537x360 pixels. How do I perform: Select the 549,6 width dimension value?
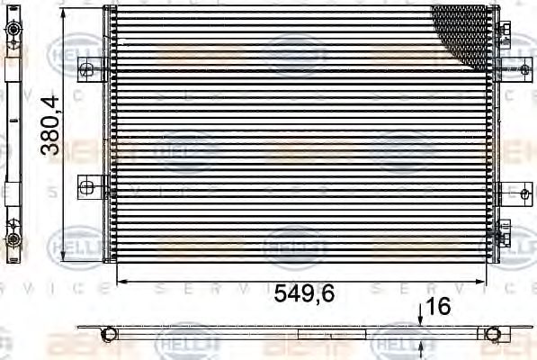(300, 293)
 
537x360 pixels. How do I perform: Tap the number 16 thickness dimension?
(438, 307)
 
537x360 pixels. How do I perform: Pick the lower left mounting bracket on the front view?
(88, 187)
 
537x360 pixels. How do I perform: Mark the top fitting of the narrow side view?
(13, 31)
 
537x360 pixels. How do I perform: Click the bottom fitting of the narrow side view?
(13, 238)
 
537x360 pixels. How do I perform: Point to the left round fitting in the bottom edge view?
(108, 334)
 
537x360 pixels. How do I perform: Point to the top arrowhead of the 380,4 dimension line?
(62, 11)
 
